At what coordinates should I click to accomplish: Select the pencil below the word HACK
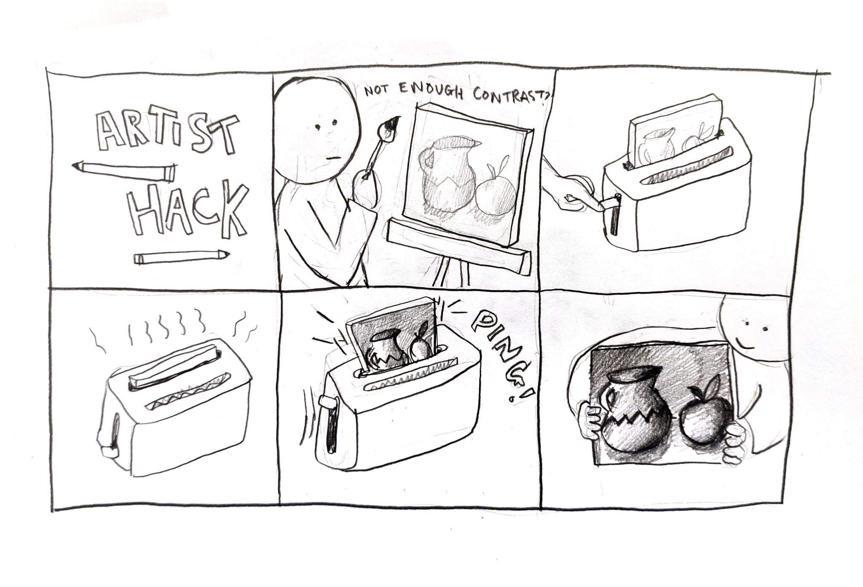coord(181,257)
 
